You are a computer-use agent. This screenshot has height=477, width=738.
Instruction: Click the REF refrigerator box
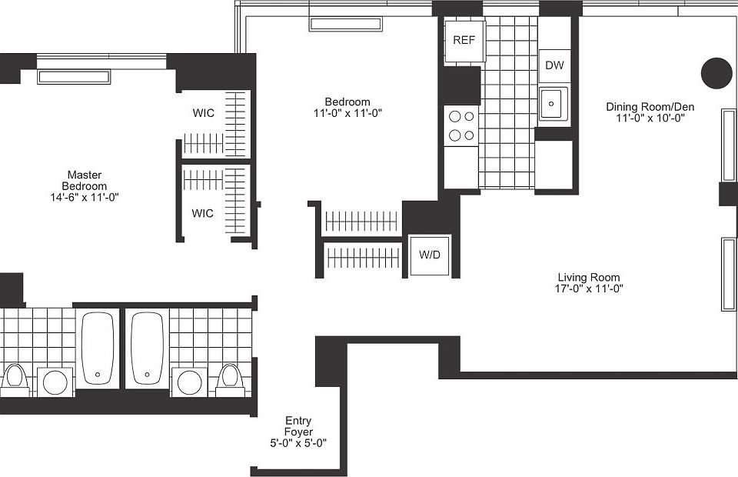(464, 40)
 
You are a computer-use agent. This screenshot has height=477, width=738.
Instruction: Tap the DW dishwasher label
(554, 65)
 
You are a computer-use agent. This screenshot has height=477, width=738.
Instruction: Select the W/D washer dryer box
(430, 255)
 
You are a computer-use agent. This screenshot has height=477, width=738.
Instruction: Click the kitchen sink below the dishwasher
(553, 103)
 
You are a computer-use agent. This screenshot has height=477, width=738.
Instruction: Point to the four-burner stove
(460, 126)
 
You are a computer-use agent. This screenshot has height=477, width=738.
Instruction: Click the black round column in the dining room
(716, 73)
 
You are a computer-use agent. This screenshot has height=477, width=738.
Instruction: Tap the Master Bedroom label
(85, 181)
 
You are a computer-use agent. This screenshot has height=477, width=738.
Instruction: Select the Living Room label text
(589, 278)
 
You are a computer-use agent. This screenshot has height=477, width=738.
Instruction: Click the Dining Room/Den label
(650, 107)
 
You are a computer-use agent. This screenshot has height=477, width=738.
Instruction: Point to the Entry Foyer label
(298, 426)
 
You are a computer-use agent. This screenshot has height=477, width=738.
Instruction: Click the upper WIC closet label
(203, 113)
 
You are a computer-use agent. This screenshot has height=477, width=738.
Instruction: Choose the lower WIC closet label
(203, 213)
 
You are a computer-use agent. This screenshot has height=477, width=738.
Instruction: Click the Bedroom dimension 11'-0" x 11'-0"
(347, 113)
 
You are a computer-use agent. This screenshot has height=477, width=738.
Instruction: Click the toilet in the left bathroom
(14, 378)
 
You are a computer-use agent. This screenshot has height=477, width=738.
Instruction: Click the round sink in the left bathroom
(55, 381)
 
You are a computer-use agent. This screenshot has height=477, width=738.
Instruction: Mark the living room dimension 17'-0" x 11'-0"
(589, 289)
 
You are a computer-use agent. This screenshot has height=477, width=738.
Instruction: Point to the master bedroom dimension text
(85, 197)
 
